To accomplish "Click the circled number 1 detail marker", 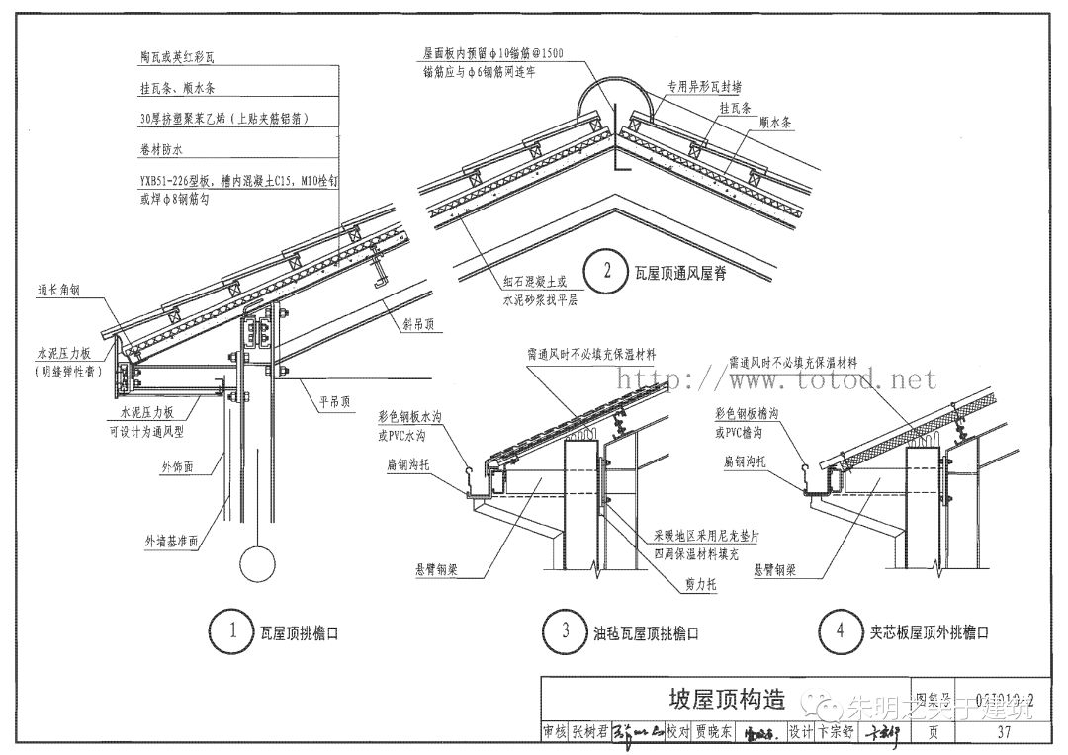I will [x=232, y=631].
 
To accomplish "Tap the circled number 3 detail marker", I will [x=566, y=631].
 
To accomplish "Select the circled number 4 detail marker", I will [x=840, y=631].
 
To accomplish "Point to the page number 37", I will [x=1004, y=732].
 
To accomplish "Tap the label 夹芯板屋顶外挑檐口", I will [x=930, y=632].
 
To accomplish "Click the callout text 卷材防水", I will [x=163, y=149].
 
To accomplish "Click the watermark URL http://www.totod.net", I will [x=771, y=378].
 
